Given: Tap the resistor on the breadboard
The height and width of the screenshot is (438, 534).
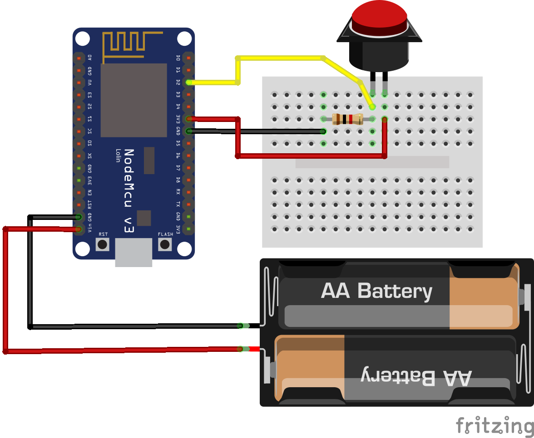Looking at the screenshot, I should pyautogui.click(x=347, y=119).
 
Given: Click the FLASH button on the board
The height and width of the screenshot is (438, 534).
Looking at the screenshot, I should pyautogui.click(x=165, y=244).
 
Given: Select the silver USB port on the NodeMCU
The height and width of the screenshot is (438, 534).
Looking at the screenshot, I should pyautogui.click(x=133, y=252).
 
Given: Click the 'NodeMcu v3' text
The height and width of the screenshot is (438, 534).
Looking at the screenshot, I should pyautogui.click(x=129, y=191).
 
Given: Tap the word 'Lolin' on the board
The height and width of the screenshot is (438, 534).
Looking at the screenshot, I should pyautogui.click(x=118, y=158).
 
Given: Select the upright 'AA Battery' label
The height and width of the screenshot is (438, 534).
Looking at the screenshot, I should pyautogui.click(x=376, y=291).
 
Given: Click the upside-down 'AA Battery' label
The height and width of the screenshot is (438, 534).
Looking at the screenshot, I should pyautogui.click(x=416, y=377).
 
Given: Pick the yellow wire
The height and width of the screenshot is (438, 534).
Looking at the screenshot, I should pyautogui.click(x=282, y=58).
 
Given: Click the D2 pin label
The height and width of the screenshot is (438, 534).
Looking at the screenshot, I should pyautogui.click(x=178, y=82).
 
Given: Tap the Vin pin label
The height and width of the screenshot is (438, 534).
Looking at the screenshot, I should pyautogui.click(x=90, y=229).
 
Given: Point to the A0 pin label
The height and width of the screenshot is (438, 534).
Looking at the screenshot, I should pyautogui.click(x=90, y=58).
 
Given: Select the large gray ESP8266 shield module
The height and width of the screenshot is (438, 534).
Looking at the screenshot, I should pyautogui.click(x=133, y=100).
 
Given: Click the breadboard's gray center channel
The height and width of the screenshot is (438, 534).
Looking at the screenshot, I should pyautogui.click(x=372, y=162).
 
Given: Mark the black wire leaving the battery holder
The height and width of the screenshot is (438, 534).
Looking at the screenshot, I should pyautogui.click(x=136, y=326).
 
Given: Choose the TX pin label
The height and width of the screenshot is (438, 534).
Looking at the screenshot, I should pyautogui.click(x=178, y=204).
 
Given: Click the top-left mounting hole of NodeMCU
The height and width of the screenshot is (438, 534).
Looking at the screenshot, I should pyautogui.click(x=83, y=39).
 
